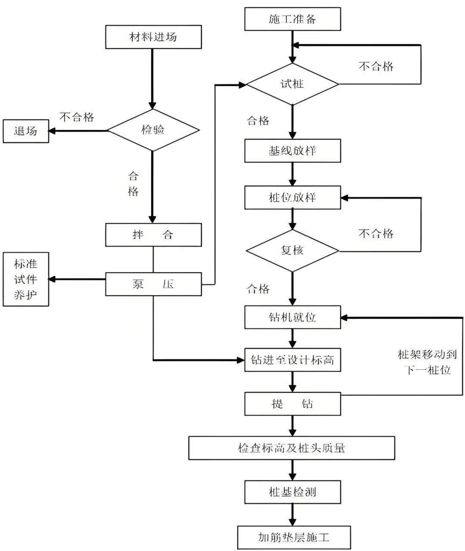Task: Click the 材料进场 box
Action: (153, 37)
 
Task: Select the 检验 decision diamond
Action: (153, 130)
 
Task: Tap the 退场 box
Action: (26, 131)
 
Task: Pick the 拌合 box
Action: (153, 235)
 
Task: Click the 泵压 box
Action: (153, 284)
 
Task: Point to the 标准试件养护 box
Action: (26, 279)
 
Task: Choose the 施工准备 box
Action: (292, 19)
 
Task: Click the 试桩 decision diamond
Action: (292, 84)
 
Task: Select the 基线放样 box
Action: (292, 151)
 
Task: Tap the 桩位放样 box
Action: (292, 198)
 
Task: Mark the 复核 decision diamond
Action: (292, 250)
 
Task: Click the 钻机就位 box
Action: (292, 317)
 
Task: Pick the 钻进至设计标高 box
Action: (292, 360)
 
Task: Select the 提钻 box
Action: (292, 404)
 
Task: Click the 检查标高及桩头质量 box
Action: (291, 448)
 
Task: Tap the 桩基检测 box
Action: (292, 492)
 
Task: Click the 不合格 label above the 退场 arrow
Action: (77, 117)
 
